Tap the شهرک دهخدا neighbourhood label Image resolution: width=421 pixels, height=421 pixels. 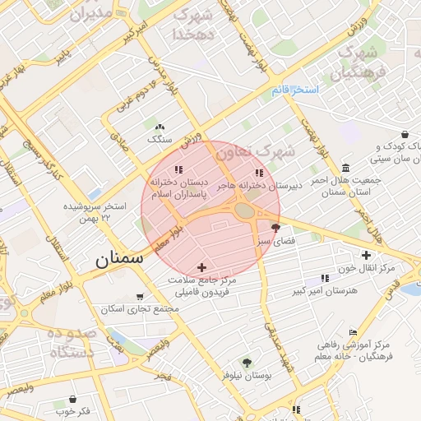(194, 25)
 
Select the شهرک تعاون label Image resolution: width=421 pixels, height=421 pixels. (263, 151)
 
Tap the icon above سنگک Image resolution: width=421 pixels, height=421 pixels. (160, 127)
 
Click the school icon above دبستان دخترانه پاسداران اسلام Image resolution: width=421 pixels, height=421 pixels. (178, 170)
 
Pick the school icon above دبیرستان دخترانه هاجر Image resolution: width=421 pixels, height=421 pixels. (260, 173)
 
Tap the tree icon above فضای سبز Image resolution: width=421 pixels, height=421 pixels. (275, 228)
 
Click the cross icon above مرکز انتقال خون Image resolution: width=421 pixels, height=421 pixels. (366, 255)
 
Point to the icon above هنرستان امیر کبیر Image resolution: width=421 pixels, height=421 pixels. (324, 279)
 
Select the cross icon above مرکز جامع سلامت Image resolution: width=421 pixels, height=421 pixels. (202, 267)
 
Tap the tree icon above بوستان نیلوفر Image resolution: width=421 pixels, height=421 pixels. (246, 362)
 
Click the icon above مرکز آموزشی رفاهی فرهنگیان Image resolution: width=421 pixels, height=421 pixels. (353, 333)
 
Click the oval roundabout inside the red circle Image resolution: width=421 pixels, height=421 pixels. (245, 210)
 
